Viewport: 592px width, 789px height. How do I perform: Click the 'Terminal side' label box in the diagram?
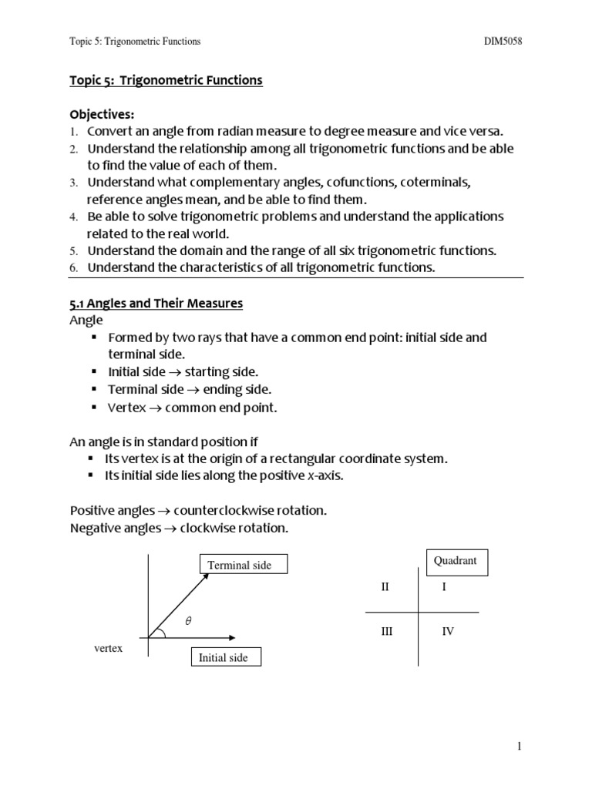(x=240, y=565)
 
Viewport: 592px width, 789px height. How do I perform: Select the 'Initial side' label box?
(x=223, y=657)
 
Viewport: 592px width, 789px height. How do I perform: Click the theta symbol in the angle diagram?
(x=187, y=621)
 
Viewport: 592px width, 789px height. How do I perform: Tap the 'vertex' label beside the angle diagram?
(x=109, y=649)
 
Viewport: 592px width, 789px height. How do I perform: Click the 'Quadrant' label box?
(x=456, y=561)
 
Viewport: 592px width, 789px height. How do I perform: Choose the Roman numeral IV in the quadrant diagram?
(x=448, y=631)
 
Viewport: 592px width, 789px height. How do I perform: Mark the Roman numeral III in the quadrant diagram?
(x=387, y=631)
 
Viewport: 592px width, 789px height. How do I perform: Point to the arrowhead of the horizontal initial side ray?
(x=230, y=637)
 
